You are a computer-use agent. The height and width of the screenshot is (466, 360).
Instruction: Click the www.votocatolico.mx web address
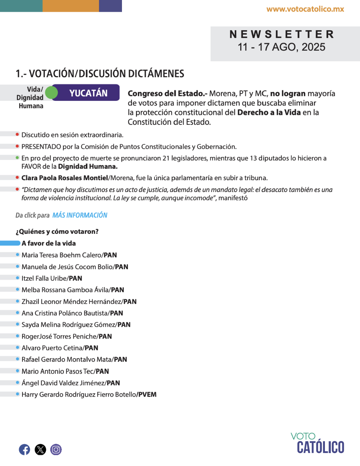305,9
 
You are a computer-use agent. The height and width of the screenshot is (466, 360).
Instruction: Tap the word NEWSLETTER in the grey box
282,34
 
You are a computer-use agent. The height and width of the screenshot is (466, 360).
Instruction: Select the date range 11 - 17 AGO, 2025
282,47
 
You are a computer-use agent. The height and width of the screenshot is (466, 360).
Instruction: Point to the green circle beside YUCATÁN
52,93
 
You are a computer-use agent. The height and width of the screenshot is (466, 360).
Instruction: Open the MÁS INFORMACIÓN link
80,215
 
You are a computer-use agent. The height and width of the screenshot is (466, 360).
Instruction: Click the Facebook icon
24,449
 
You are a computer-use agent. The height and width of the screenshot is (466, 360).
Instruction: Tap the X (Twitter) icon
40,449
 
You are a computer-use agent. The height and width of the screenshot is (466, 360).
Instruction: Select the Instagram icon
56,449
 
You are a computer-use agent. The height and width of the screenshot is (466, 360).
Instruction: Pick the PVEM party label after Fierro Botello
147,395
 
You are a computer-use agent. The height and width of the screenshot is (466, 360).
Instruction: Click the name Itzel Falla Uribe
44,278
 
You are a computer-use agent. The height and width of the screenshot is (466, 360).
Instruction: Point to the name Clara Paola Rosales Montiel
65,178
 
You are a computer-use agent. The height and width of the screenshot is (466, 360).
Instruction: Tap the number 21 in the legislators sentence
166,158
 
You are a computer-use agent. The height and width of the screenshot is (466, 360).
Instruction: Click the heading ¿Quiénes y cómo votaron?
57,232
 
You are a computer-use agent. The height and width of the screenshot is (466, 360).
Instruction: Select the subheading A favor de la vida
48,243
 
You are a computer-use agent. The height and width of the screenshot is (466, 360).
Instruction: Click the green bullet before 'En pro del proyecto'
17,158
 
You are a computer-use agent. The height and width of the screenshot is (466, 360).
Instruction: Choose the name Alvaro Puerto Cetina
52,348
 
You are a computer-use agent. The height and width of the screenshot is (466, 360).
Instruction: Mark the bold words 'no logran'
288,94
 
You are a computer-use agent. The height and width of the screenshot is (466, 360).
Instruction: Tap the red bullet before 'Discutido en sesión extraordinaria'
17,134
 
